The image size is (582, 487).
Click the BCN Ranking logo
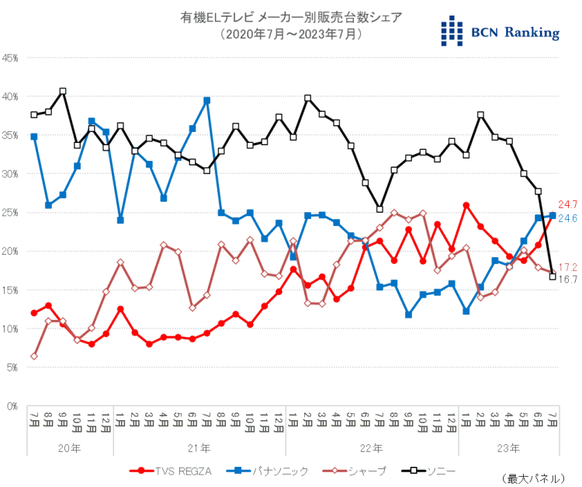[499, 30]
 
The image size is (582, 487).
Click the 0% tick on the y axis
[13, 405]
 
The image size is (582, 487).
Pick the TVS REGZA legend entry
[166, 470]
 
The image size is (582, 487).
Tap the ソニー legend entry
[431, 470]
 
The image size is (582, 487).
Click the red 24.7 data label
[569, 204]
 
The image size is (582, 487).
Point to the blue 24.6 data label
[569, 217]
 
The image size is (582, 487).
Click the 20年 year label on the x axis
[70, 448]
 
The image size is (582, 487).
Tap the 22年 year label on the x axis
[372, 448]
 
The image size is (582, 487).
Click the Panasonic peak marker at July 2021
[207, 100]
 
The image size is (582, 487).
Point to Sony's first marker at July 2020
[34, 115]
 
